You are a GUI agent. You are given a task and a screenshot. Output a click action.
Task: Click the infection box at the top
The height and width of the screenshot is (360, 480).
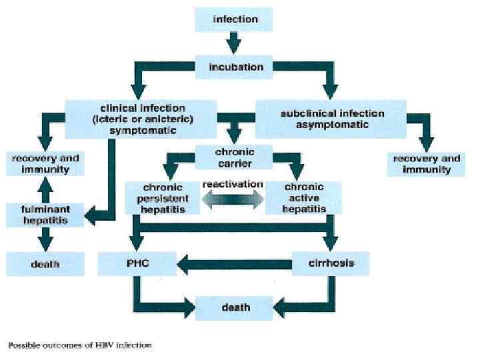pos(235,19)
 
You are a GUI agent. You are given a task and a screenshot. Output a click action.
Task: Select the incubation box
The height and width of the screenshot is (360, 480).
pos(235,67)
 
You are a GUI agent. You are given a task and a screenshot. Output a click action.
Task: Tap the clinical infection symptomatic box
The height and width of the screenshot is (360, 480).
pos(142,119)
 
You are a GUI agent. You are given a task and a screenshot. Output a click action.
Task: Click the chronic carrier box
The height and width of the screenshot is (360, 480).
pos(234,157)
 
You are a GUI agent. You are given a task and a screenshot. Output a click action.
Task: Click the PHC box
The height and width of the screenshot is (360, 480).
pos(137,263)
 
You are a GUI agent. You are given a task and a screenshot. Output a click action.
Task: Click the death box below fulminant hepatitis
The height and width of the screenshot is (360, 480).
pos(45,264)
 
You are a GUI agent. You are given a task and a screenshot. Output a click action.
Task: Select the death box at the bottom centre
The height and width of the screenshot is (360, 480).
pos(234,307)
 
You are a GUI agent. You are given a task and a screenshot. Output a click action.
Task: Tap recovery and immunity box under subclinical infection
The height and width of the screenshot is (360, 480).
pos(427,164)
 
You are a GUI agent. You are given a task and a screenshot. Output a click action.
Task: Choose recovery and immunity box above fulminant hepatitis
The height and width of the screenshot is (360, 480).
pos(45,164)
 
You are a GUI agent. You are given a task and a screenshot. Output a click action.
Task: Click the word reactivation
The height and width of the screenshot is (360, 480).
pos(232,184)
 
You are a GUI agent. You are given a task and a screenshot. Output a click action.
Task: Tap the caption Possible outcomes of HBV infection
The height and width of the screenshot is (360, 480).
pos(80,345)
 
